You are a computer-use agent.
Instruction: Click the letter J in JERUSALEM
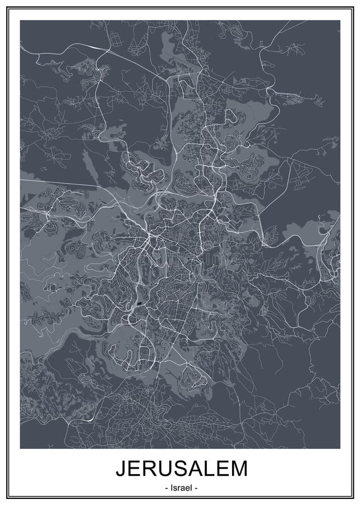[x=121, y=469]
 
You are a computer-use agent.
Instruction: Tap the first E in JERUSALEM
[x=133, y=469]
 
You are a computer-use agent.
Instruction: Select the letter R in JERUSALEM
[x=148, y=469]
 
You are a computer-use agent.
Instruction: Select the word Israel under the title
[x=181, y=488]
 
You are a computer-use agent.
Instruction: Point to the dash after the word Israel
[x=196, y=489]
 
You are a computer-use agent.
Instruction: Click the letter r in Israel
[x=178, y=489]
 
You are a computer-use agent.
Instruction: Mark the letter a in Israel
[x=181, y=489]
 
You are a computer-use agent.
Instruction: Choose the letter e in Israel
[x=186, y=489]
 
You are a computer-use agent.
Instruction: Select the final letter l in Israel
[x=190, y=488]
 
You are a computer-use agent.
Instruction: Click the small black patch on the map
[x=139, y=305]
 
